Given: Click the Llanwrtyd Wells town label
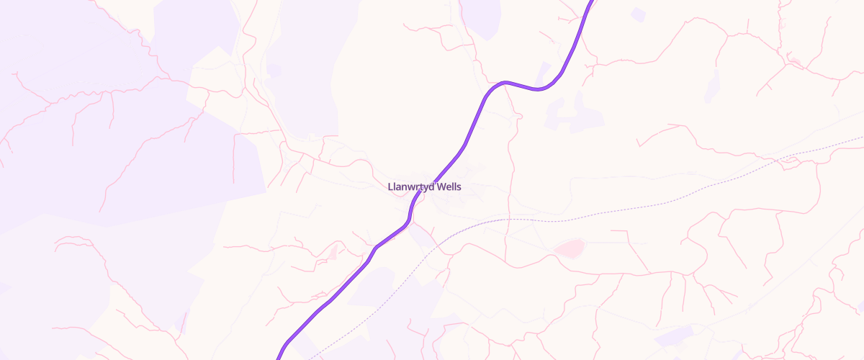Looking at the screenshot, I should click(424, 187).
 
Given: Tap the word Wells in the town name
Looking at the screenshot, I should click(449, 187).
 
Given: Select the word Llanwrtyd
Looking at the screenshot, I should click(411, 187).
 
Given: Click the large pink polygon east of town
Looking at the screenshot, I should click(570, 248).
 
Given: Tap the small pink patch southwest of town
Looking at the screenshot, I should click(332, 252).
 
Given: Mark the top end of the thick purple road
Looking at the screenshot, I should click(593, 1).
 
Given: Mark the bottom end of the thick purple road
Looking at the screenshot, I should click(279, 358).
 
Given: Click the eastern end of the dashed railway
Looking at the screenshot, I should click(862, 136).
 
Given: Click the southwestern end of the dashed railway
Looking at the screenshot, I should click(310, 357).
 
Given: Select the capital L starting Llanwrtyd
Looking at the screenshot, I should click(390, 187).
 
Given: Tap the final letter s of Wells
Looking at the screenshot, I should click(459, 187).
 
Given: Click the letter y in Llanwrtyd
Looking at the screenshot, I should click(425, 188).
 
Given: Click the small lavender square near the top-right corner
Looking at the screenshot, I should click(638, 14).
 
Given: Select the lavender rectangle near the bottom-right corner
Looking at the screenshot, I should click(675, 336).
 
